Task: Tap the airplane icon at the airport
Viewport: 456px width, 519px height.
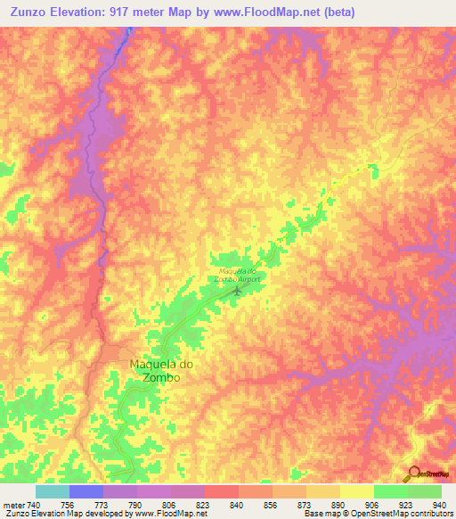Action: (x=237, y=290)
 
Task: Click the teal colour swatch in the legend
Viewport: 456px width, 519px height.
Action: (x=53, y=491)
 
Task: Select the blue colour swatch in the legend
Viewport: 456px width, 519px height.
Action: (x=86, y=491)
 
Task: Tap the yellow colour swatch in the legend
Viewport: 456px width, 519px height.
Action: (x=356, y=491)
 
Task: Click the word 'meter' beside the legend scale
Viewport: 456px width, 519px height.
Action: (x=11, y=504)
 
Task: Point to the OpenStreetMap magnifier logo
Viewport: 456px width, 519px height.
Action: (x=412, y=474)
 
